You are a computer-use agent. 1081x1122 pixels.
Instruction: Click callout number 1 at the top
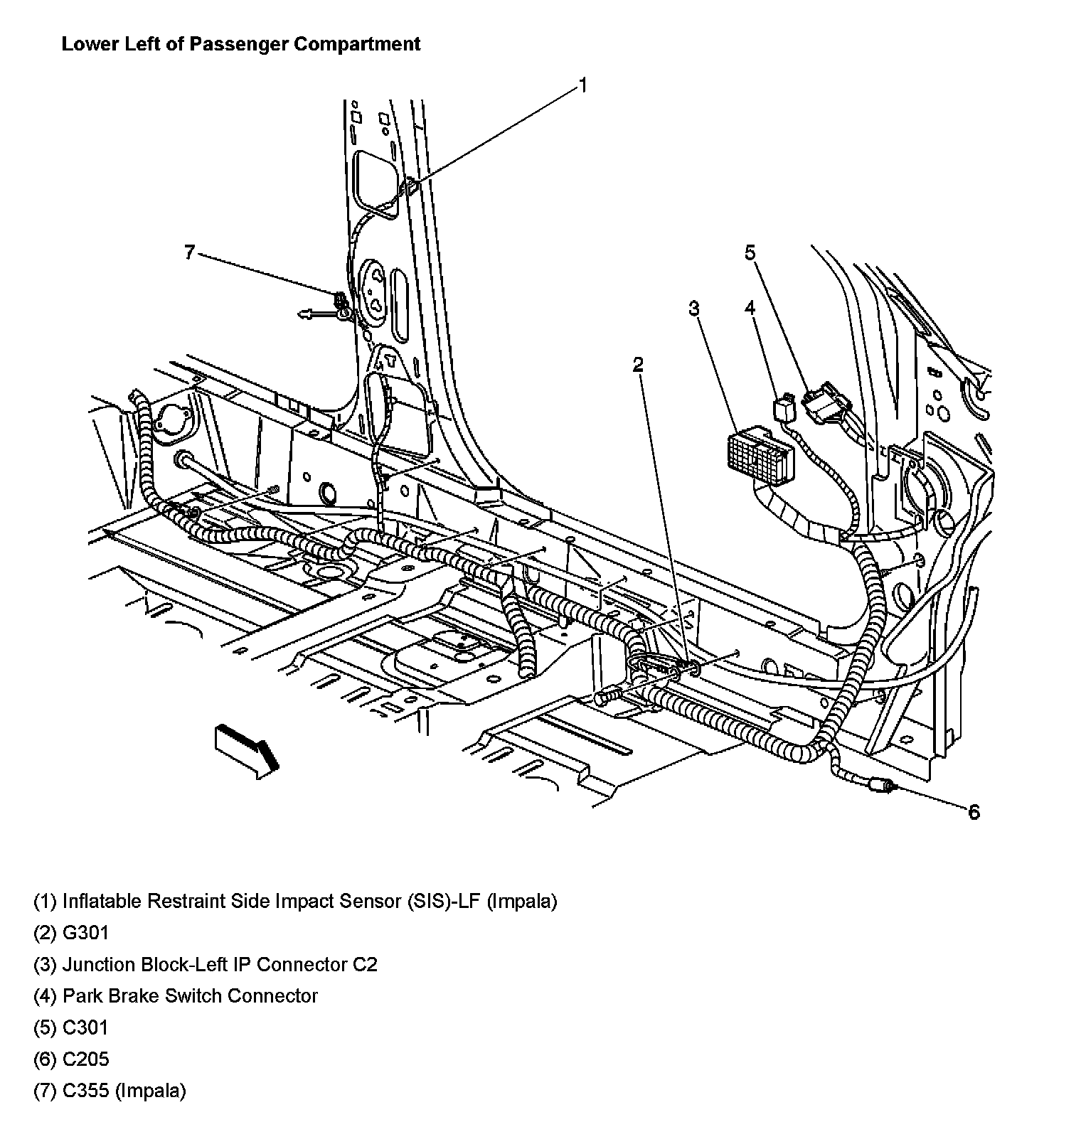pyautogui.click(x=582, y=86)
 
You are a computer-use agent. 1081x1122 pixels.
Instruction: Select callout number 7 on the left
pyautogui.click(x=189, y=252)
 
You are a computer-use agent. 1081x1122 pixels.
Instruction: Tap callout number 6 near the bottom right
pyautogui.click(x=974, y=812)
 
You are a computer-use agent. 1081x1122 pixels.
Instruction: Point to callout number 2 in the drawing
pyautogui.click(x=638, y=365)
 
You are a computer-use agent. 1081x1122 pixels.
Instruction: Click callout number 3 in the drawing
pyautogui.click(x=693, y=309)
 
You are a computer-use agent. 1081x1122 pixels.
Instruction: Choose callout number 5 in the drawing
pyautogui.click(x=750, y=252)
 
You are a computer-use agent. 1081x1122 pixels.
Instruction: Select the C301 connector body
pyautogui.click(x=825, y=403)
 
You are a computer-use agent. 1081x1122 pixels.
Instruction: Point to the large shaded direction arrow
pyautogui.click(x=245, y=749)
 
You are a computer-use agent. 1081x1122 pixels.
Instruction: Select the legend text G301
pyautogui.click(x=85, y=932)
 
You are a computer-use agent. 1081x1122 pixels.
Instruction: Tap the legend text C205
pyautogui.click(x=85, y=1059)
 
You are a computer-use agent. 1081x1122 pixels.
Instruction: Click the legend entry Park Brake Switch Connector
pyautogui.click(x=190, y=995)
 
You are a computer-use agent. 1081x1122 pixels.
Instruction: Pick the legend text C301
pyautogui.click(x=85, y=1027)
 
